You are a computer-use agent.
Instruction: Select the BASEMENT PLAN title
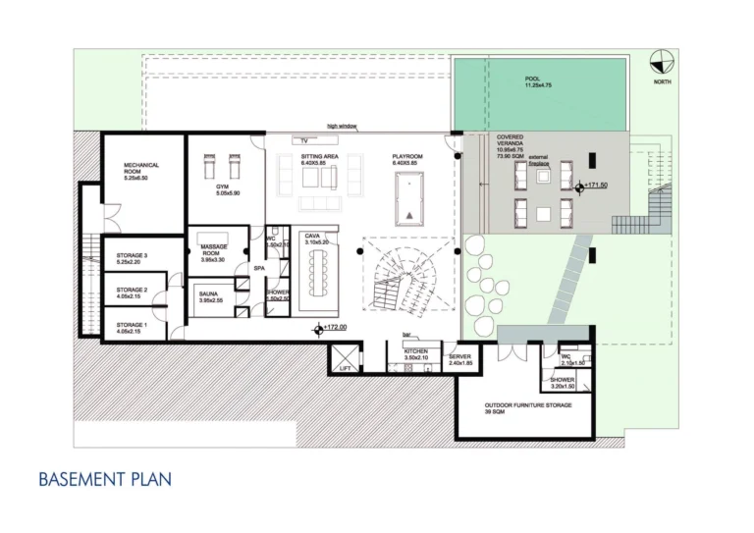pos(105,479)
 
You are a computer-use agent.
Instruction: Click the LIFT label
pos(345,368)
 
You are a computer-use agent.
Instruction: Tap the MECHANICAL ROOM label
pos(141,168)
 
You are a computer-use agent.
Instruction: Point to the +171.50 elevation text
pos(597,185)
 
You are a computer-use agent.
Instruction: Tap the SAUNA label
pos(208,293)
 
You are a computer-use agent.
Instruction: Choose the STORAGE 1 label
pos(132,324)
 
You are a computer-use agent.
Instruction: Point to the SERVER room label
pos(460,357)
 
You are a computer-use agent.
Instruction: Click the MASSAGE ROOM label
pos(214,249)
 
